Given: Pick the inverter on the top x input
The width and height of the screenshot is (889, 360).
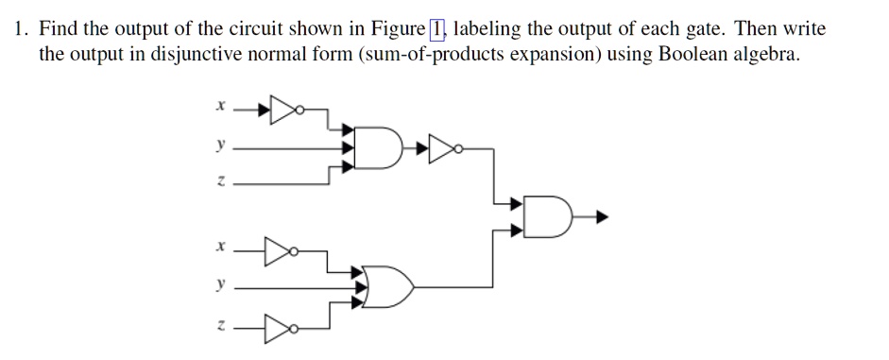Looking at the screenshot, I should click(x=284, y=110).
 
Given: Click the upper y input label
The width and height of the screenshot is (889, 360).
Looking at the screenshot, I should click(x=219, y=147).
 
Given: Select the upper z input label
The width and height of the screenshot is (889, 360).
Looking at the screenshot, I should click(x=219, y=182).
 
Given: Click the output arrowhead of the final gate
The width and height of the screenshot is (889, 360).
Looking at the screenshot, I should click(x=601, y=216).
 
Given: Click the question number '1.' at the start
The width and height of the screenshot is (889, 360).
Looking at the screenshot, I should click(x=21, y=28).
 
